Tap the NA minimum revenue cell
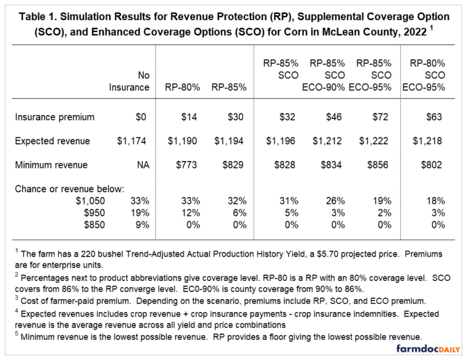coord(142,165)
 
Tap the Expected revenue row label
coord(54,141)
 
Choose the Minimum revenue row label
coord(53,165)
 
